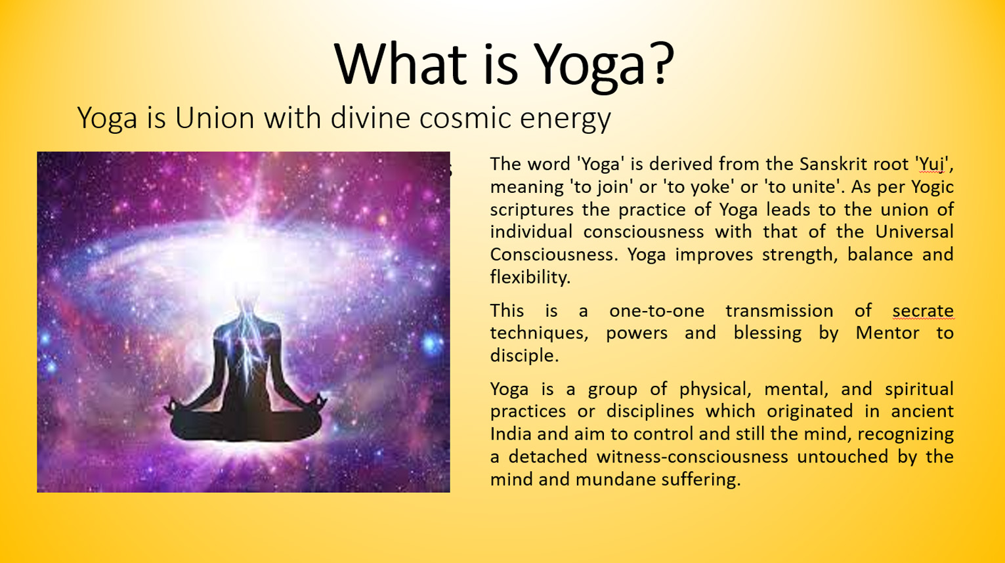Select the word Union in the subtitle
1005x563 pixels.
[x=215, y=118]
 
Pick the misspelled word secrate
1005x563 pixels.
[x=923, y=310]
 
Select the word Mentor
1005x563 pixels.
[x=887, y=333]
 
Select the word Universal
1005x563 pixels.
[x=914, y=232]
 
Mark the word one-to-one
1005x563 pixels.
[x=656, y=310]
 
